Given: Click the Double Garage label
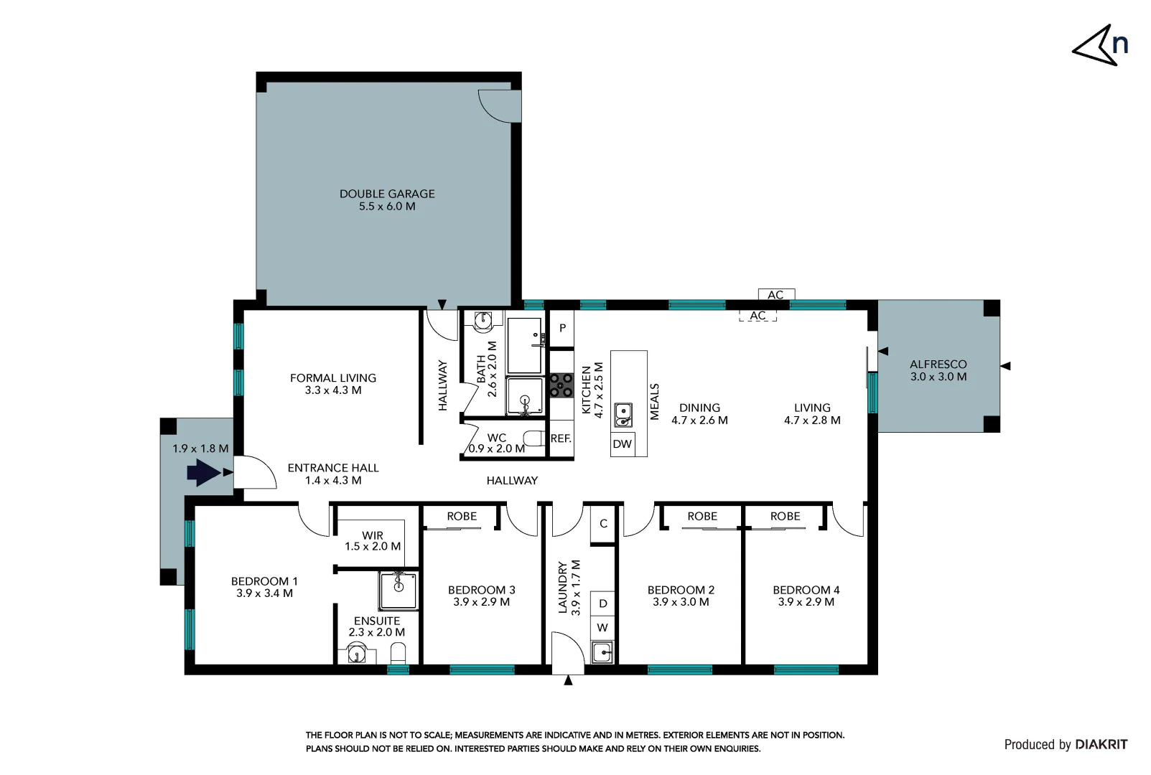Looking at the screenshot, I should click(387, 199).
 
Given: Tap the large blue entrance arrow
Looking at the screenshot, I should click(203, 473).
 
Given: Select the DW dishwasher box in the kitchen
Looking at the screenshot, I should click(622, 444).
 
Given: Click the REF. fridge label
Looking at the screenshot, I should click(561, 438).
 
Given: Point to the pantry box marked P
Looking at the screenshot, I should click(562, 328).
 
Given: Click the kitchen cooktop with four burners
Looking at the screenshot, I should click(561, 385).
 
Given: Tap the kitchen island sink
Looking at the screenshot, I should click(623, 415).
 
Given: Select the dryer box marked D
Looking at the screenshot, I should click(602, 603).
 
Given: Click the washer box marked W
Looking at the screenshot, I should click(602, 628).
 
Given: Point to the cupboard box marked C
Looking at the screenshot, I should click(603, 524).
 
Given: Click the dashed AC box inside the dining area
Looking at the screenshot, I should click(758, 316).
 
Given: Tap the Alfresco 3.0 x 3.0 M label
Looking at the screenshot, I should click(938, 370).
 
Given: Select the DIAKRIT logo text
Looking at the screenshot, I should click(1101, 744).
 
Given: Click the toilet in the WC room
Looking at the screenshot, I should click(533, 438).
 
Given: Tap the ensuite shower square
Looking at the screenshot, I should click(398, 591).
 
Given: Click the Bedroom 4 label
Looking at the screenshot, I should click(806, 596).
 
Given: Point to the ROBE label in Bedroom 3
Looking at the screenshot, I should click(461, 516).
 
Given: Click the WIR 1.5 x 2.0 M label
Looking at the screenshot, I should click(373, 540).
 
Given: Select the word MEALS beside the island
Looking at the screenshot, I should click(654, 401).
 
